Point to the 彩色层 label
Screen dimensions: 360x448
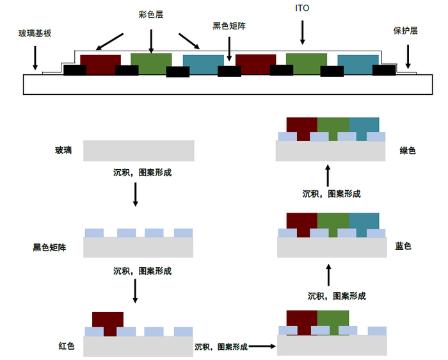(150, 14)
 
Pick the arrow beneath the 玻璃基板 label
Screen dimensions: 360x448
(34, 58)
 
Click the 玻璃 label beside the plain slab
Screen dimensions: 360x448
(63, 151)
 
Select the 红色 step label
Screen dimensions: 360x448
(67, 347)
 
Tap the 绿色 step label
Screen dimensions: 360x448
(408, 151)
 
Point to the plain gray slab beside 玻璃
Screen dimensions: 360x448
(139, 151)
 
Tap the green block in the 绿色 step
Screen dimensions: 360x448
(333, 127)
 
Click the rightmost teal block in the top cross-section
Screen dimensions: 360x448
(358, 61)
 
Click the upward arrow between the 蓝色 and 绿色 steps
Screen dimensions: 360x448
(328, 174)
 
